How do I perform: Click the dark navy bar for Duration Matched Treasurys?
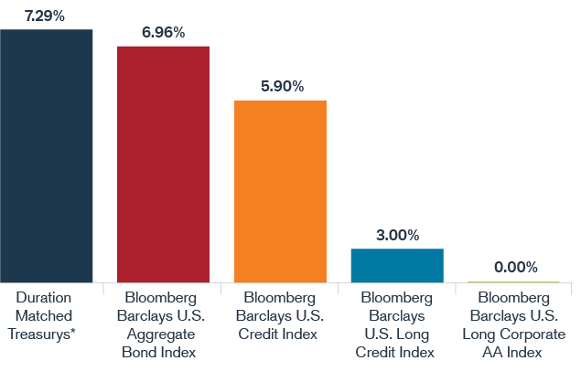tap(47, 155)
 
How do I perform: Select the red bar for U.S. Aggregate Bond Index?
tap(163, 164)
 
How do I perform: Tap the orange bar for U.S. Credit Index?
tap(280, 191)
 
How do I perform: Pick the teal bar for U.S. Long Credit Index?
tap(397, 265)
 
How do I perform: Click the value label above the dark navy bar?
tap(46, 16)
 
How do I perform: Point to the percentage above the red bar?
tap(163, 33)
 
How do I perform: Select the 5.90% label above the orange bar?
tap(281, 87)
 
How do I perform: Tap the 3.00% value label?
tap(397, 236)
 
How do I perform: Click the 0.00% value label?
tap(515, 267)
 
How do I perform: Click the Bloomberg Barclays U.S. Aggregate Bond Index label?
tap(163, 324)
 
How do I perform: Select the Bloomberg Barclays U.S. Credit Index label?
tap(280, 316)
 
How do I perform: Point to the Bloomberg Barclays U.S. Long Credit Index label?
tap(397, 324)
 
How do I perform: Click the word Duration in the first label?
tap(45, 298)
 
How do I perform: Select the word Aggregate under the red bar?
tap(163, 334)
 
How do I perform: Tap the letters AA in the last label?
tap(498, 352)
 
